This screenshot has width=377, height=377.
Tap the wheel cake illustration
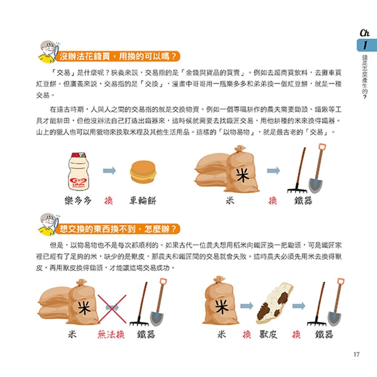point(143,173)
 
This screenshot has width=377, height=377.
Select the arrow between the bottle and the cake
point(109,171)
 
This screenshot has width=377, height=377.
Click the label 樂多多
point(78,201)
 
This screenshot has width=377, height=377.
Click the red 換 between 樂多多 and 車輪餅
point(109,201)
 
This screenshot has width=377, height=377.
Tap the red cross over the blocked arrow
point(112,308)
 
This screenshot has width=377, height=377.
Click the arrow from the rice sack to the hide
point(247,306)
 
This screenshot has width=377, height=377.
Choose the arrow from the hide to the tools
point(299,306)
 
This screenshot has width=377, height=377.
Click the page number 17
point(357,354)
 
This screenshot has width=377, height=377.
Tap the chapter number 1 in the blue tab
point(365,46)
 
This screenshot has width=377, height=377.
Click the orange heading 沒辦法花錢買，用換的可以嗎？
point(118,57)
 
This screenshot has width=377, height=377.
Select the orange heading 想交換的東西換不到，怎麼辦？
point(118,228)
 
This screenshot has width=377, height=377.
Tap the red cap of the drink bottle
point(78,155)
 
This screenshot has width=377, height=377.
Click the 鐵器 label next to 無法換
point(146,334)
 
